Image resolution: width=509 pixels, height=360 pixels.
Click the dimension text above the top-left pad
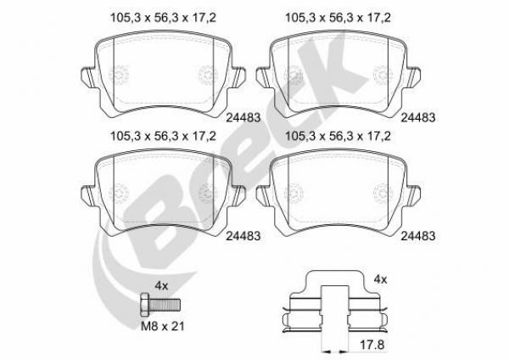(x=163, y=18)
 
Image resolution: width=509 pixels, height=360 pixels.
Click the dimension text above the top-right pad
(x=338, y=18)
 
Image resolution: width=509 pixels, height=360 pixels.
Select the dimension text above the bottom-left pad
(x=163, y=136)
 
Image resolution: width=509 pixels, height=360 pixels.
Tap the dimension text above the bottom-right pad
(x=338, y=136)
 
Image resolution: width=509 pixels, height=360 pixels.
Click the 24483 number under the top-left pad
(x=243, y=118)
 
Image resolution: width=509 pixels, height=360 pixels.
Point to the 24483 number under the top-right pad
(x=418, y=118)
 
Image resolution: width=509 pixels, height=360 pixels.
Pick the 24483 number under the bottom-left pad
(x=243, y=236)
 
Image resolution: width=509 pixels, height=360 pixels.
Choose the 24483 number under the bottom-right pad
(x=418, y=236)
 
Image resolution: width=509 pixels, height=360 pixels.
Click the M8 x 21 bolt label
(x=163, y=326)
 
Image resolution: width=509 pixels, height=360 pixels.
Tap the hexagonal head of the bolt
(x=145, y=305)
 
